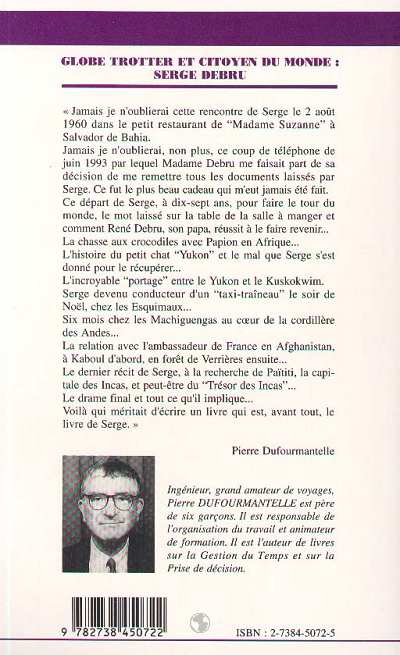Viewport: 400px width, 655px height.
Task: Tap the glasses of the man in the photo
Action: coord(108,501)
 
